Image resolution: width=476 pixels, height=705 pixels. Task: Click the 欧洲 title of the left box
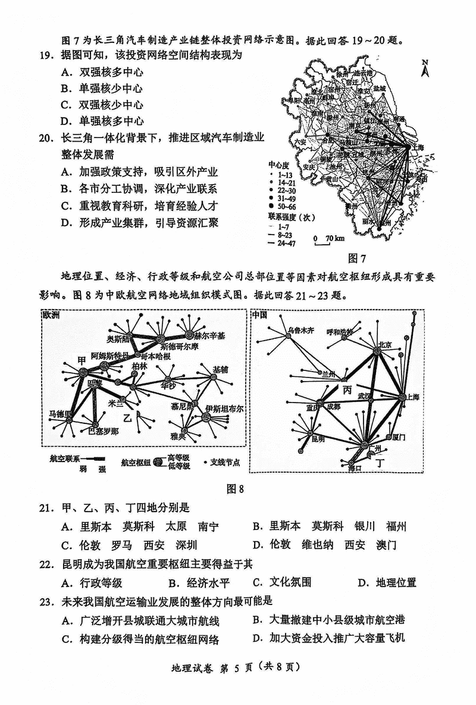[x=51, y=315]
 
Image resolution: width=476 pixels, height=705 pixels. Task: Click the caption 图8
[x=236, y=489]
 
